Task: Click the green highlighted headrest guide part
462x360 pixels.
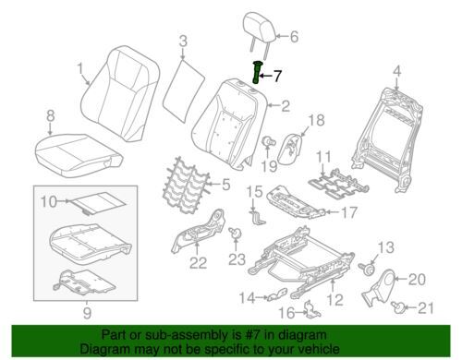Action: tap(256, 72)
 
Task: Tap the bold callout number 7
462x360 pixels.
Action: tap(277, 76)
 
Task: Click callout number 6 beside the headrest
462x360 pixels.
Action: tap(294, 37)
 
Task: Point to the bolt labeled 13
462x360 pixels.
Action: tap(367, 269)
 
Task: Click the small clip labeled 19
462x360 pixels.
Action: tap(267, 142)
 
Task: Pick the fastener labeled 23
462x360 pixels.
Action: tap(235, 233)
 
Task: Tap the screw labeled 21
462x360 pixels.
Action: tap(396, 306)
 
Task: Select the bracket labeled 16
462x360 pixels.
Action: tap(311, 309)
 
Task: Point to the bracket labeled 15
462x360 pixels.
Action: tap(258, 217)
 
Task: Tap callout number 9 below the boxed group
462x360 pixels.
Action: tap(87, 313)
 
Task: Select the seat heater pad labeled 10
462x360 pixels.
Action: tap(97, 204)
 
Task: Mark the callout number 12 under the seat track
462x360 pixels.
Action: tap(334, 299)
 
